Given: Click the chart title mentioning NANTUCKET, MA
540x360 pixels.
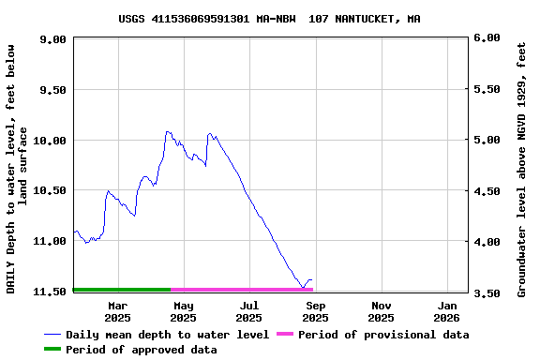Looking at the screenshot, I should pyautogui.click(x=269, y=19).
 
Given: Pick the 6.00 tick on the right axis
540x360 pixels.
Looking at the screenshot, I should pyautogui.click(x=487, y=38).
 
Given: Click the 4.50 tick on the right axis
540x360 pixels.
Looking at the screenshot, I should pyautogui.click(x=487, y=191).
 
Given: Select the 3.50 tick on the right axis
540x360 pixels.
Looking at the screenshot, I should pyautogui.click(x=487, y=292).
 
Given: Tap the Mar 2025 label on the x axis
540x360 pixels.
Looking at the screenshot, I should pyautogui.click(x=118, y=311).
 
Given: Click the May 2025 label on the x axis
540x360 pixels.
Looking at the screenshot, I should pyautogui.click(x=184, y=311).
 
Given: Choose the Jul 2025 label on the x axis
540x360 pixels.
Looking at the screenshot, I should pyautogui.click(x=249, y=311).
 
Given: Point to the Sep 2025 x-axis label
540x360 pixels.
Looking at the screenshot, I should pyautogui.click(x=316, y=311).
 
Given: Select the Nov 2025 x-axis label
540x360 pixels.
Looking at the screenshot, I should pyautogui.click(x=382, y=311).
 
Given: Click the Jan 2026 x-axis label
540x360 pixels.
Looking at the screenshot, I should pyautogui.click(x=448, y=311).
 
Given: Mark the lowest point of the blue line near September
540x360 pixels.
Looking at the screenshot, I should pyautogui.click(x=303, y=287).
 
